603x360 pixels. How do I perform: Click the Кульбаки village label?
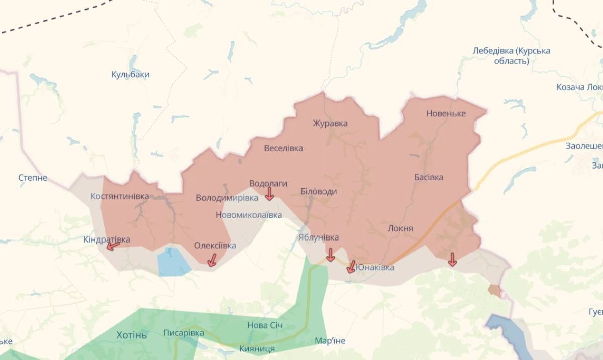coord(130,75)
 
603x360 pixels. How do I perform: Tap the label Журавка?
coord(330,123)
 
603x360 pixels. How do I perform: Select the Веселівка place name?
coord(283,148)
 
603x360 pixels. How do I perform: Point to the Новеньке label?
coord(446,113)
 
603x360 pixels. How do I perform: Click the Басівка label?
coord(429,177)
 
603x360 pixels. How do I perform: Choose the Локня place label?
coord(400,228)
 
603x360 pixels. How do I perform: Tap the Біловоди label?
coord(319,191)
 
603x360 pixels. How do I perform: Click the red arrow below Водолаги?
coord(270,194)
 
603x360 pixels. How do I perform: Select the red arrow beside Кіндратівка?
coord(113,246)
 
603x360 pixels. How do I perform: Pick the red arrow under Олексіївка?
coord(212,260)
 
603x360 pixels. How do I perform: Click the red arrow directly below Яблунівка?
coord(330,255)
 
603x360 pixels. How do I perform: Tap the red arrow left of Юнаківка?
coord(351,267)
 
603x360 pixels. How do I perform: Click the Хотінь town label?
coord(132,335)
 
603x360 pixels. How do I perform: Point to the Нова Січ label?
coord(265,325)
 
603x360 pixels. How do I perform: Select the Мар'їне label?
coord(330,341)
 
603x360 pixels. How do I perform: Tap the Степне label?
coord(33,178)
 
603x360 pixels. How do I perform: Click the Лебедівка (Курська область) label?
coord(512,56)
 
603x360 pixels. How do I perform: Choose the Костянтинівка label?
coord(120,196)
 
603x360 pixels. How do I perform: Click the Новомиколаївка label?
coord(248,215)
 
